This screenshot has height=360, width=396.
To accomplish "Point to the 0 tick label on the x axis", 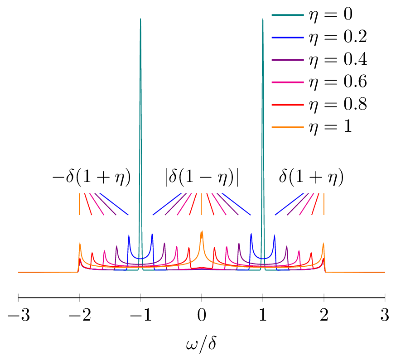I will coord(202,315).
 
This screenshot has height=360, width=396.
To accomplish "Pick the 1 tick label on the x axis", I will coord(263,315).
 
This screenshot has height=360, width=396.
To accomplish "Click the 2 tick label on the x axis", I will coord(324,315).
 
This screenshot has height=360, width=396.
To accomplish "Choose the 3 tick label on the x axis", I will coord(385,315).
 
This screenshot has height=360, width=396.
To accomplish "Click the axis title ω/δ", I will coord(201,345).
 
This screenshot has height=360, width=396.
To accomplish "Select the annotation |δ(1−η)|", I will coord(201,178).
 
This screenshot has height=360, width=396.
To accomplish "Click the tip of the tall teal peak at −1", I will coord(140,19).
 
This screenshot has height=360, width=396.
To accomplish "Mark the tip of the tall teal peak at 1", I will coord(263,19).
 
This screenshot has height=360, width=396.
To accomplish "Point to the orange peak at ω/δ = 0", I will coord(202,232).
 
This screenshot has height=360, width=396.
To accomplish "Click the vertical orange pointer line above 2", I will coord(324,204).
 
